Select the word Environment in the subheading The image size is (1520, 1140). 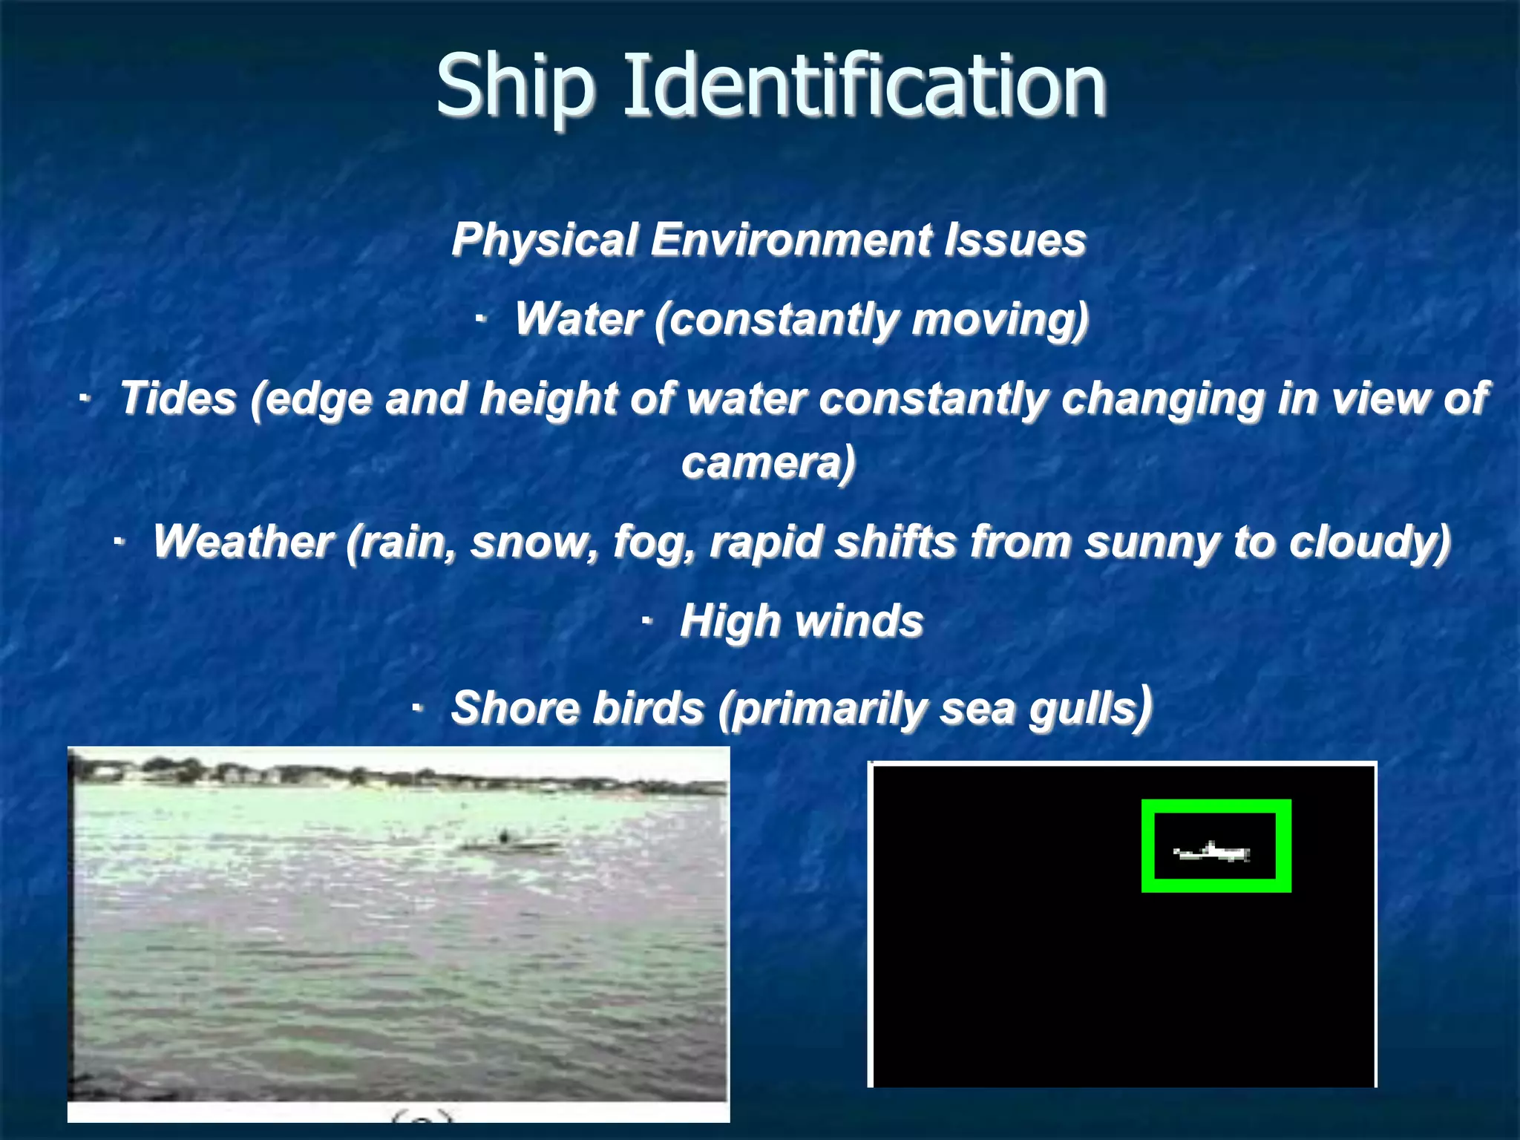click(791, 240)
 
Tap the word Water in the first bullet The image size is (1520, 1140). click(578, 319)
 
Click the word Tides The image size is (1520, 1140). click(178, 398)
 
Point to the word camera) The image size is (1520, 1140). click(768, 462)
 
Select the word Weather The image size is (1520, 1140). click(243, 541)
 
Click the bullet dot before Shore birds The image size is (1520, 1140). click(418, 709)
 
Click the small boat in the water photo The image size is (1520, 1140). click(509, 844)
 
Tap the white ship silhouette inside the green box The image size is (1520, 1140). click(1213, 851)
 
